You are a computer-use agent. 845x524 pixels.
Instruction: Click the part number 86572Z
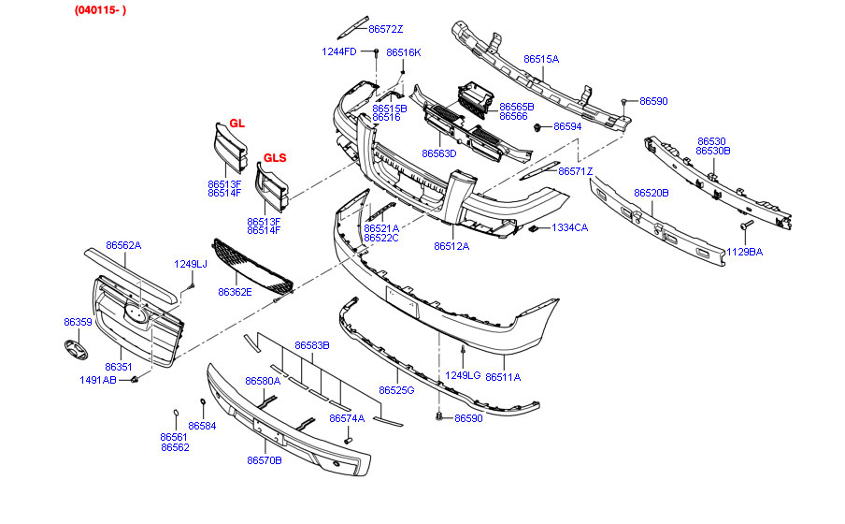(386, 29)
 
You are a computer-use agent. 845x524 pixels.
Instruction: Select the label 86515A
(541, 59)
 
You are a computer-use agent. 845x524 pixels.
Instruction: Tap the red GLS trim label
(274, 157)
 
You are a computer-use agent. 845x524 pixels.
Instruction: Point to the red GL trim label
(236, 124)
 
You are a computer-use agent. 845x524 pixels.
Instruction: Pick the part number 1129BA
(744, 252)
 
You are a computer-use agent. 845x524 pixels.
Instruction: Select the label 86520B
(652, 193)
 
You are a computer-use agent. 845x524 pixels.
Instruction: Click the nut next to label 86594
(539, 127)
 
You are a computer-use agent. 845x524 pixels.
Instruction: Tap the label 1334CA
(569, 227)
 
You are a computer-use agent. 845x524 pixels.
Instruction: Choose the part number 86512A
(451, 247)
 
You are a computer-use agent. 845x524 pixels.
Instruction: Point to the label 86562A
(123, 245)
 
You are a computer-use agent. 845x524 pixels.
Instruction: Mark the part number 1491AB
(98, 380)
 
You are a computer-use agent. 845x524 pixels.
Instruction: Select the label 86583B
(312, 345)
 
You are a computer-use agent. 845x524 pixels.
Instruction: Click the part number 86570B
(265, 459)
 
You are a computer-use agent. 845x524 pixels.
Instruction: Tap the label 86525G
(396, 389)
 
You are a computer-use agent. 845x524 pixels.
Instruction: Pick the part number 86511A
(503, 376)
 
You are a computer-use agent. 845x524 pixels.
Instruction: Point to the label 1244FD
(339, 51)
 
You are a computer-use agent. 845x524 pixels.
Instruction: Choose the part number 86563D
(438, 153)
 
